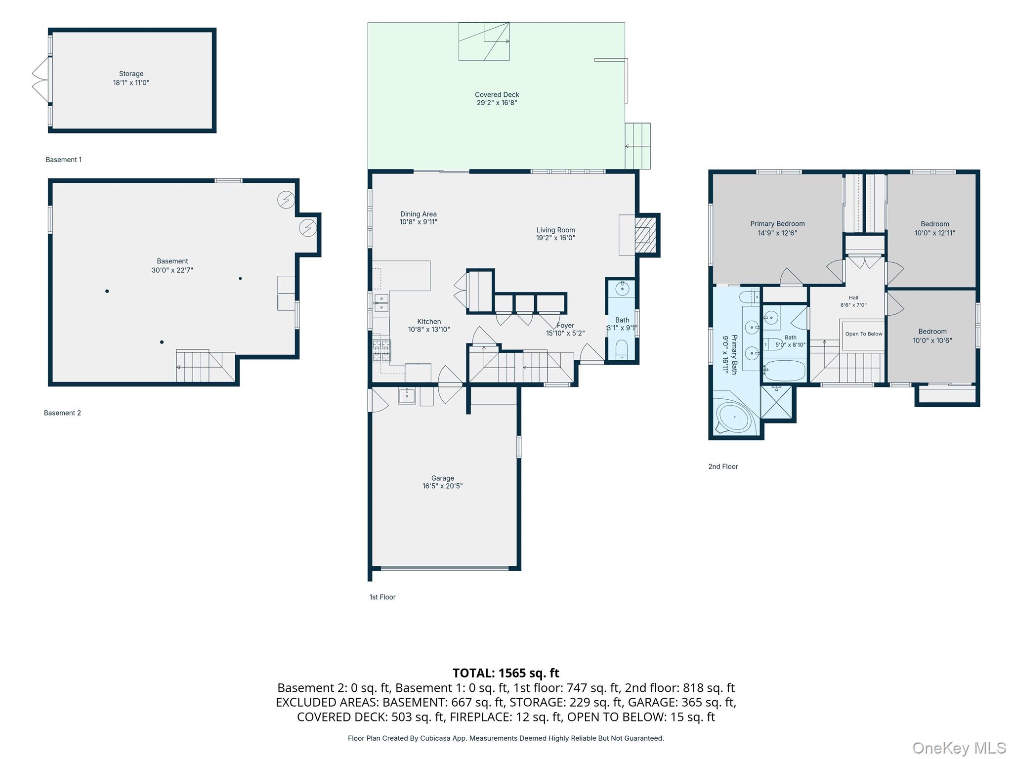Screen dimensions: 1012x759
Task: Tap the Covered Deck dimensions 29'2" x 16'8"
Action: point(497,103)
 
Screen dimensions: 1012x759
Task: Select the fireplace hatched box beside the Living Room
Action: point(645,235)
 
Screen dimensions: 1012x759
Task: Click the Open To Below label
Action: point(864,334)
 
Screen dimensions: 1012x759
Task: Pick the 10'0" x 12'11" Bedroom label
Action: point(934,228)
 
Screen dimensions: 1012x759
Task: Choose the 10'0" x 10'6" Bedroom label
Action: point(932,336)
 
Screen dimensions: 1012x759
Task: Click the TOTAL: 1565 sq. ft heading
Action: point(506,673)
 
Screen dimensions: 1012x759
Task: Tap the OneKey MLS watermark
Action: point(959,748)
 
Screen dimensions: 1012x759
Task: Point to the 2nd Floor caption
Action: point(723,466)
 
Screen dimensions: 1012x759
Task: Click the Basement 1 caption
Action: point(64,160)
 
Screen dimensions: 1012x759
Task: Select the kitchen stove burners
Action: point(381,350)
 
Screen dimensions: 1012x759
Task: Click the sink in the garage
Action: point(407,395)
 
